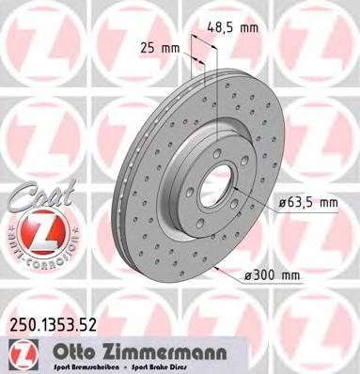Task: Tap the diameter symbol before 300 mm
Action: point(247,274)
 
